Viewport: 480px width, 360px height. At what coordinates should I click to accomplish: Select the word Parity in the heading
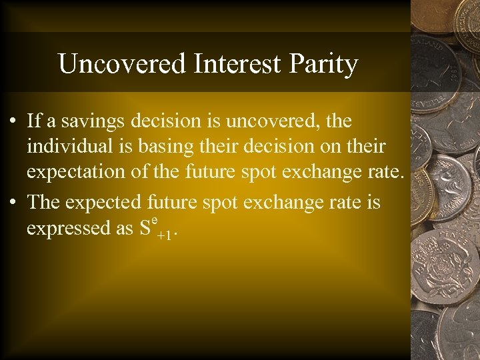325,65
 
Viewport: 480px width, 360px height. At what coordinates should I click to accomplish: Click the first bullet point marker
13,122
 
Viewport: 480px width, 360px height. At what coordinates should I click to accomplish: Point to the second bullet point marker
13,202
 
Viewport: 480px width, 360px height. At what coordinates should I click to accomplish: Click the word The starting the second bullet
44,201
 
